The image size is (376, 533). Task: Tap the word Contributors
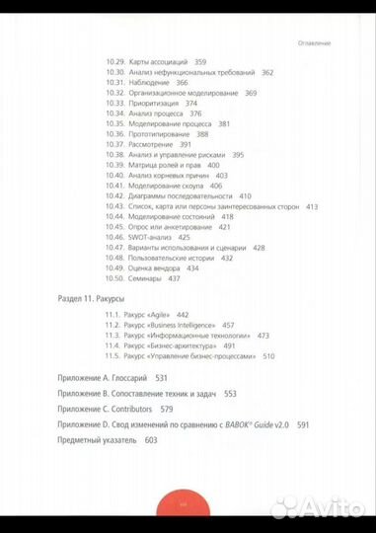tap(153, 407)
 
